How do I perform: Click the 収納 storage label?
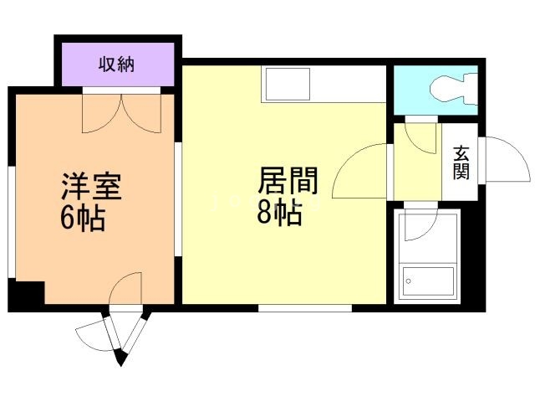click(117, 64)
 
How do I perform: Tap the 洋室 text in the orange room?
click(91, 186)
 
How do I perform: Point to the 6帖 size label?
click(83, 219)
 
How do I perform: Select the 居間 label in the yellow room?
click(288, 180)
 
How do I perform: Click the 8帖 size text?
click(279, 212)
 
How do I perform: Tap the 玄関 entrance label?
click(461, 162)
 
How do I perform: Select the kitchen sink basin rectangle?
click(288, 84)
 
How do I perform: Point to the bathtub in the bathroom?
click(428, 281)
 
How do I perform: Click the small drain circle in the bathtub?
click(409, 281)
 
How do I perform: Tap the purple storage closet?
click(118, 64)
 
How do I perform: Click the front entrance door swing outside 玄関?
click(507, 159)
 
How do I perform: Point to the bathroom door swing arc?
click(421, 224)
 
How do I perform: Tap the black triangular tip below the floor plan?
click(120, 358)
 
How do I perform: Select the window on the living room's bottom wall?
click(304, 308)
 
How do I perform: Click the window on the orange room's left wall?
click(12, 222)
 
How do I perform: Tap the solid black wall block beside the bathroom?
click(472, 256)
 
